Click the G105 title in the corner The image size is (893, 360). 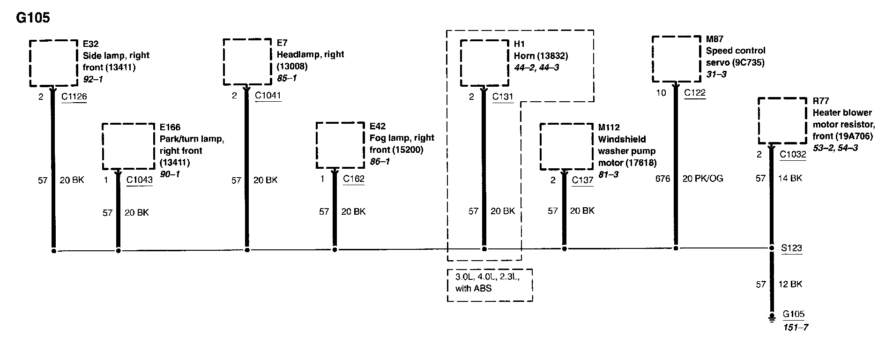33,18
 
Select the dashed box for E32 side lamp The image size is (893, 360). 53,63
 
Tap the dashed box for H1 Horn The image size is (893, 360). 484,63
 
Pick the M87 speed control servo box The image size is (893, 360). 676,60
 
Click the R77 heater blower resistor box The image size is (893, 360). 782,121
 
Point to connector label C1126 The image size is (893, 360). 74,97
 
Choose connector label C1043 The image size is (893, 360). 139,180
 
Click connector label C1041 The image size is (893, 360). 268,96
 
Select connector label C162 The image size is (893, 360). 353,179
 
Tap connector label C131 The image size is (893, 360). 503,97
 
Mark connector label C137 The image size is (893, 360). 582,180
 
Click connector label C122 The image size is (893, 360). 694,92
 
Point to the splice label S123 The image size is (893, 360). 791,248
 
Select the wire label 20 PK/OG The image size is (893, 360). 702,179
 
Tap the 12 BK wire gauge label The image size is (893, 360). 790,284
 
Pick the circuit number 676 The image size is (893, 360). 662,179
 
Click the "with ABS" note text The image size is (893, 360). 473,288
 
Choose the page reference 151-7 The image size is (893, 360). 796,327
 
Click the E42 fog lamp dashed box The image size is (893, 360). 340,145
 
